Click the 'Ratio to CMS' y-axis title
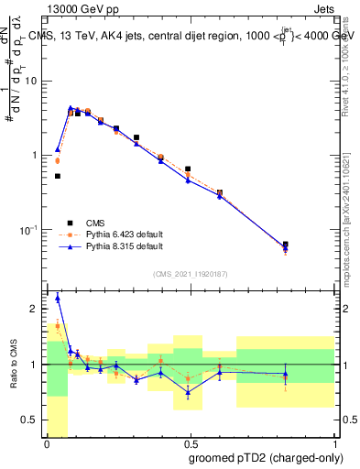pos(14,365)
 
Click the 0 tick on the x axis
pos(47,444)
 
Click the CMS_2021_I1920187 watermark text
pos(191,274)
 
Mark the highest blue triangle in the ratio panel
pos(58,298)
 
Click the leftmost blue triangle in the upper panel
pos(58,149)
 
